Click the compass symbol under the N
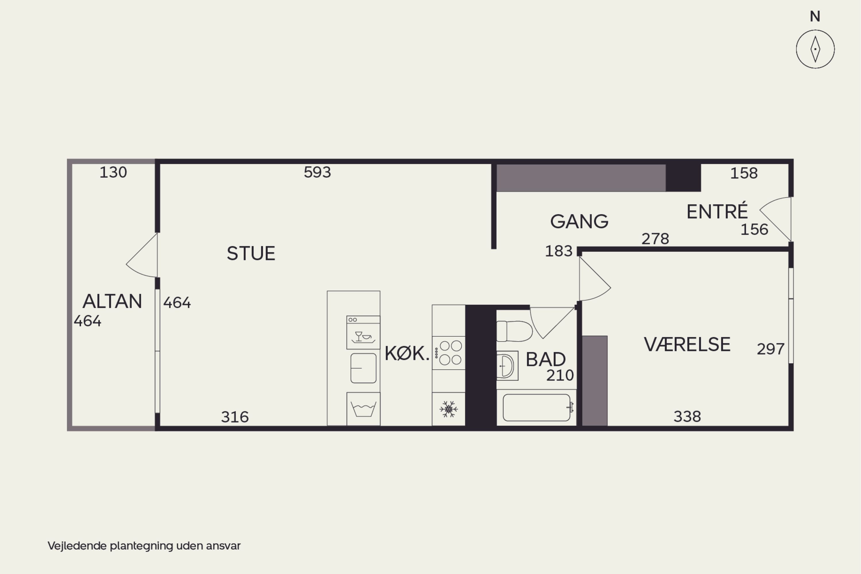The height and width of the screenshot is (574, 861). [815, 49]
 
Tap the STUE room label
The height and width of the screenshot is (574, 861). [251, 253]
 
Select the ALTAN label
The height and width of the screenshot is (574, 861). [112, 301]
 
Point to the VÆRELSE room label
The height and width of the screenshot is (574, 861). [687, 344]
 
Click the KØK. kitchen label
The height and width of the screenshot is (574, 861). [407, 353]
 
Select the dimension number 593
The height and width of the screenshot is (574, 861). [317, 172]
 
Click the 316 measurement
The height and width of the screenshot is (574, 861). [235, 417]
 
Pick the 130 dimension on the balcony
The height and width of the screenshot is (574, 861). [113, 172]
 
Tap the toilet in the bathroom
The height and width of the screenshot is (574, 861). [514, 331]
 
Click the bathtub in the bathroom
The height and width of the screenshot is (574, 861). [537, 408]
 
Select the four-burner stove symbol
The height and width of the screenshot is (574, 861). [448, 353]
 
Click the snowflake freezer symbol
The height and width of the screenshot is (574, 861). [448, 409]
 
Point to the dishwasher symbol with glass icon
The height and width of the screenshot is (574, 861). [363, 332]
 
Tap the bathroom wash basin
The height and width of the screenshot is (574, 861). [507, 366]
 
